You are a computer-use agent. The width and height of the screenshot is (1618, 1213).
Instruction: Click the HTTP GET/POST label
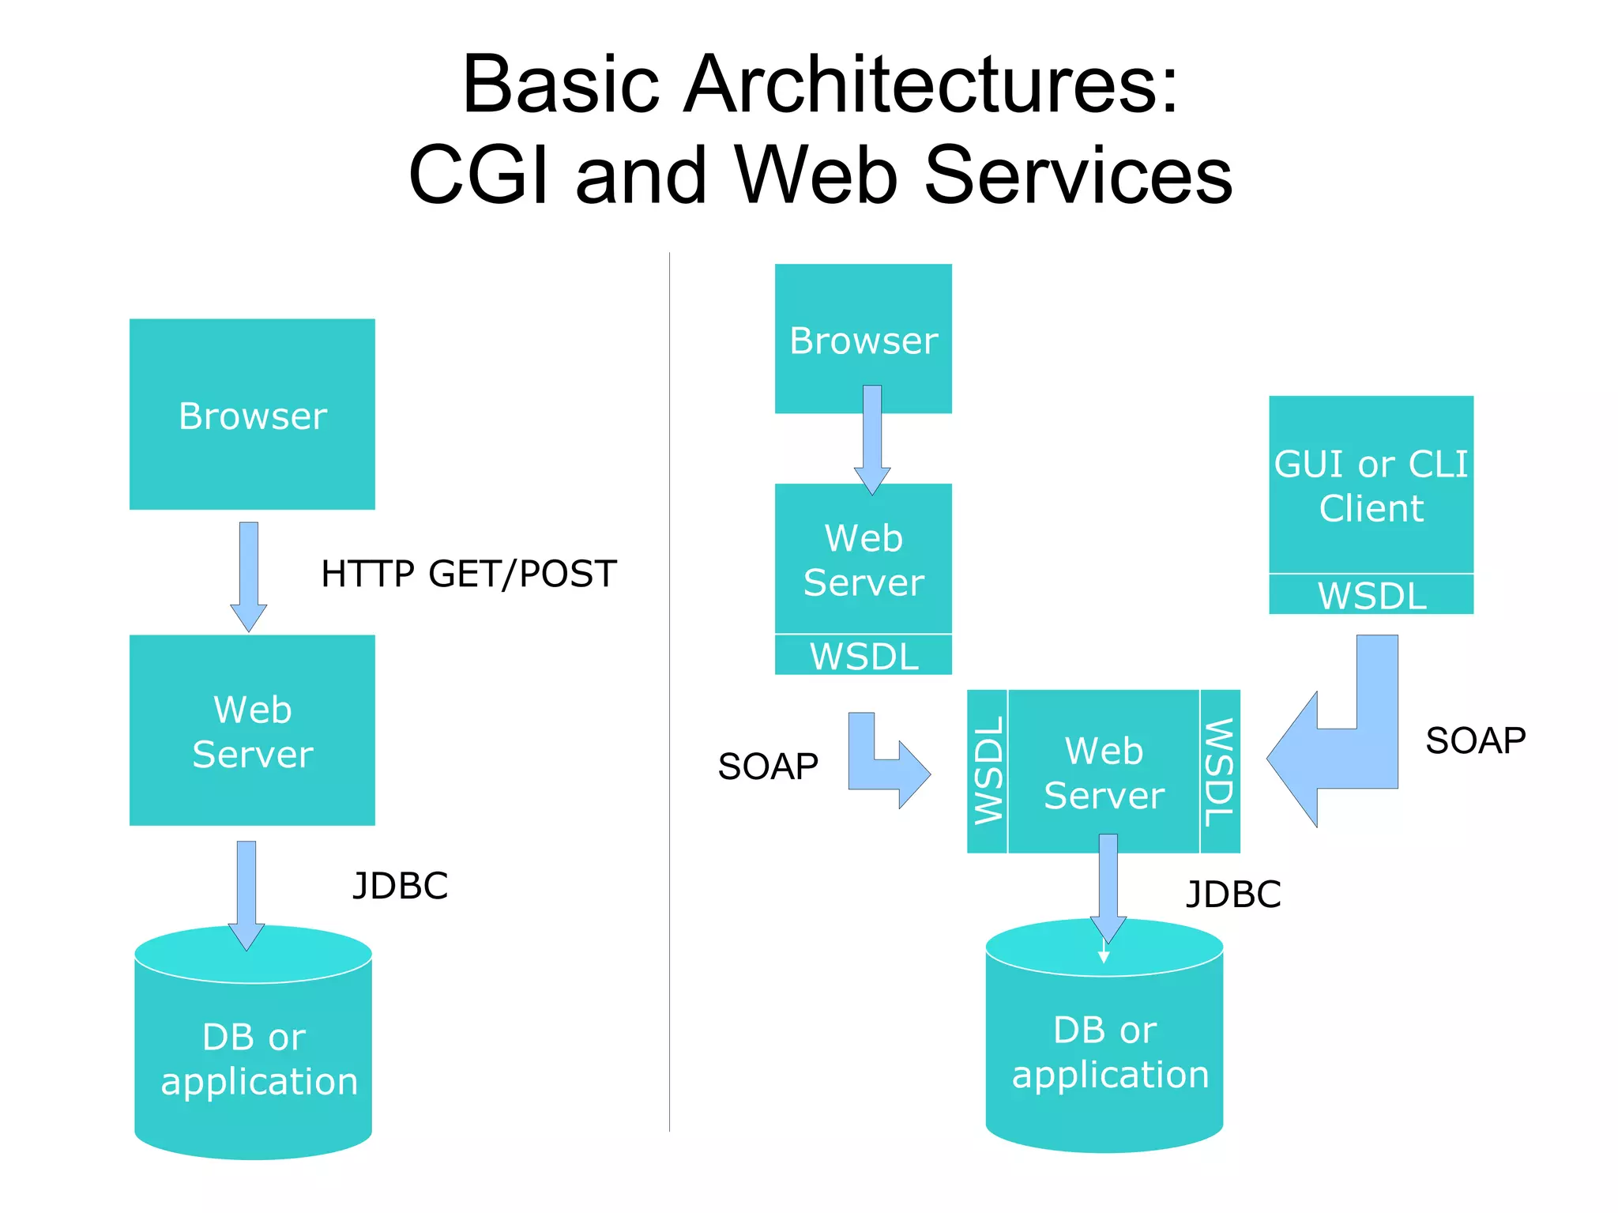[x=468, y=574]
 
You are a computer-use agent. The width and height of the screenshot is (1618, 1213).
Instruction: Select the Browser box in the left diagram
[x=252, y=414]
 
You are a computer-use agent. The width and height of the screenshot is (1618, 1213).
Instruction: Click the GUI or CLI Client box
[x=1371, y=484]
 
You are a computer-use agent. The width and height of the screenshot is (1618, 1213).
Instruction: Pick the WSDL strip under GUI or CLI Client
[x=1371, y=595]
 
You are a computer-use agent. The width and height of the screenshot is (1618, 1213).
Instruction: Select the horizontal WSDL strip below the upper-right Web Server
[x=863, y=656]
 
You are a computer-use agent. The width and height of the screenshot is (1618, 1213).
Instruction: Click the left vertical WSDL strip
[x=988, y=770]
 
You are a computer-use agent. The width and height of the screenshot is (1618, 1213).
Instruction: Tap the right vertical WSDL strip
[x=1219, y=770]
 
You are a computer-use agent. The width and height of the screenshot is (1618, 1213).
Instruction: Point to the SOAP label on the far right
[x=1475, y=741]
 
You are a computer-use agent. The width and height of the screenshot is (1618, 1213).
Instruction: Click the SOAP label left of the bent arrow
[x=767, y=767]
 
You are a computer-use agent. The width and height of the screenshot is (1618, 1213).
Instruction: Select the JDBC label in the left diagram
[x=400, y=886]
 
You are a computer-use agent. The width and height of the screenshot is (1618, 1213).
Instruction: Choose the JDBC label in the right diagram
[x=1232, y=895]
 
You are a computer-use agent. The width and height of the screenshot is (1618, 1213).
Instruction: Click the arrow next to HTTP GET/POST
[x=249, y=575]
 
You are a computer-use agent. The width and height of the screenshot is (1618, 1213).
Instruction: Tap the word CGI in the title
[x=479, y=175]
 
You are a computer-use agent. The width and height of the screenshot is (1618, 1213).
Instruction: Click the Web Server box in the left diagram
[x=252, y=730]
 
